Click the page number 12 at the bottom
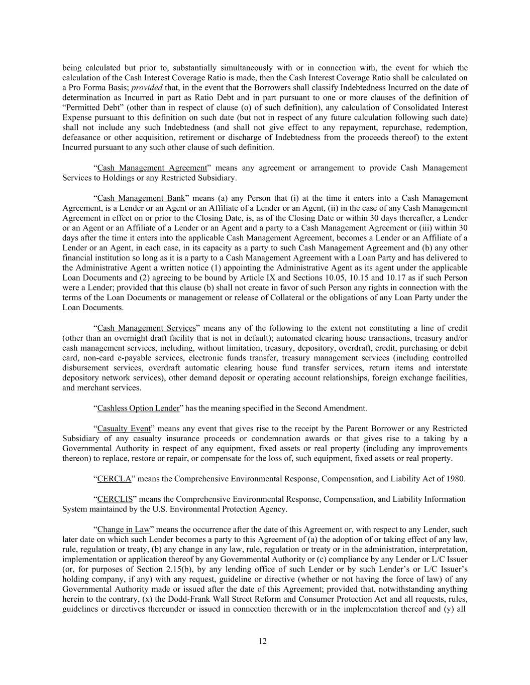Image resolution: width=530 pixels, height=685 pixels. click(x=262, y=641)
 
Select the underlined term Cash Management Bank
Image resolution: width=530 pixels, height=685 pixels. click(x=141, y=198)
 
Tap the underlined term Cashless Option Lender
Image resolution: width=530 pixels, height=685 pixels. click(x=138, y=408)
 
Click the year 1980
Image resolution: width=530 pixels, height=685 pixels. click(x=455, y=478)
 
